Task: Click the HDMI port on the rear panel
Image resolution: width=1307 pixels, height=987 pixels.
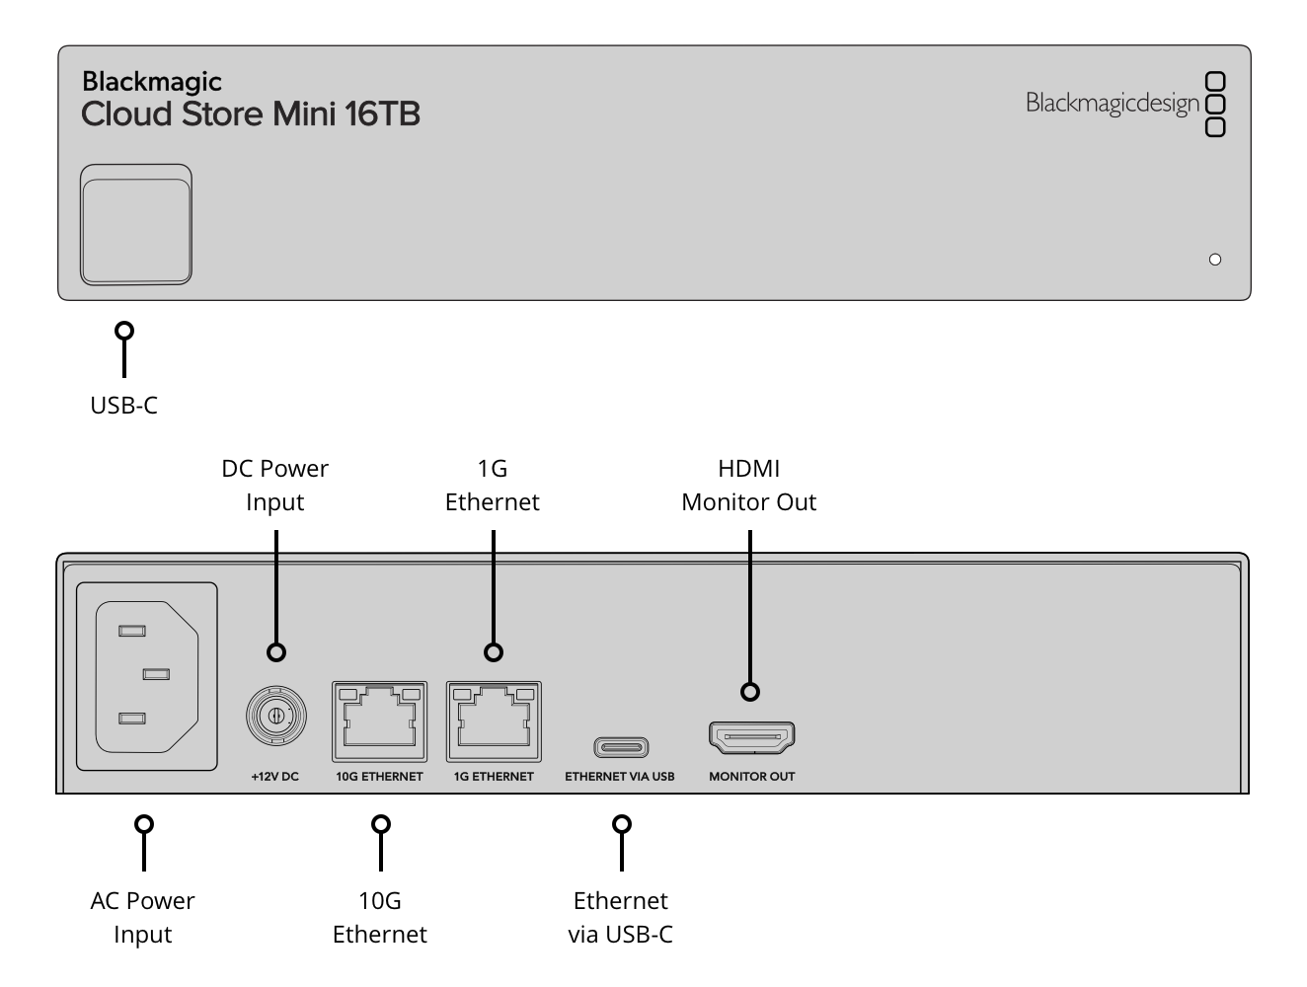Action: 751,737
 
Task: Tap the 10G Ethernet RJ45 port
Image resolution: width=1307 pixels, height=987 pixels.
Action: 379,721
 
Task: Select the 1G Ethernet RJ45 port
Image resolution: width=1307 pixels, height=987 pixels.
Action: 494,721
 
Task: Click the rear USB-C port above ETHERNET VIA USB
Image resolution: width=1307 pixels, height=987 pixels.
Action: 621,746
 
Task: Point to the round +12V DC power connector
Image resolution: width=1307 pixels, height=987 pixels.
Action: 275,716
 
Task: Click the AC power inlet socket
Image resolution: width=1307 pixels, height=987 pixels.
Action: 146,676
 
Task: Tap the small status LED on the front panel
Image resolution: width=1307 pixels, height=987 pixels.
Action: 1215,259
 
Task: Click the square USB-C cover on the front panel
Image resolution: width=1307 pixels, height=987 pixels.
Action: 136,224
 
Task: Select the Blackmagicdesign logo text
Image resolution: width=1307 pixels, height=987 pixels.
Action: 1112,104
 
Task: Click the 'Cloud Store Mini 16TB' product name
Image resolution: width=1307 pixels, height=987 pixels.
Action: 251,114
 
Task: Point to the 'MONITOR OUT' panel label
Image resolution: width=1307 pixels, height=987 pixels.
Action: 751,776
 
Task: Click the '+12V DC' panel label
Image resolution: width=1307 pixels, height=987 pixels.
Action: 274,776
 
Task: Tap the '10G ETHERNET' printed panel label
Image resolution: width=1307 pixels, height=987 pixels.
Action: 379,776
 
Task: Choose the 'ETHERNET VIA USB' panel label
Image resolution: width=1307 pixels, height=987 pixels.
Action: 619,776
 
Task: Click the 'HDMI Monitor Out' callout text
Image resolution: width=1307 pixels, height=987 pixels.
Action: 748,485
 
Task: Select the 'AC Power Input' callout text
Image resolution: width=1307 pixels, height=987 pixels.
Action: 142,917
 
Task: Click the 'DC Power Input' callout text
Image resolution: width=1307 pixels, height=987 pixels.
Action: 274,485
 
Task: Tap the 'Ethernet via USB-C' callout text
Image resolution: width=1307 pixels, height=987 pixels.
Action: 621,917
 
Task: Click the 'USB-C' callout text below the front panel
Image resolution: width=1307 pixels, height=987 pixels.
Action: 123,406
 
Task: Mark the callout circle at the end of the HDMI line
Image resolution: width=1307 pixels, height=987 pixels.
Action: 749,692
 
